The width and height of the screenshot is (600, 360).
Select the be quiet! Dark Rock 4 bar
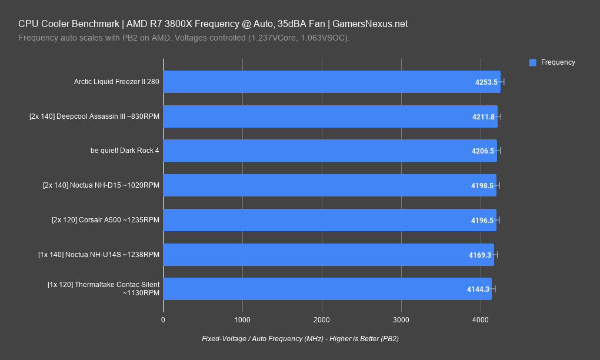tap(329, 151)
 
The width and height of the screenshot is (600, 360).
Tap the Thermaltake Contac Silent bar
tap(327, 289)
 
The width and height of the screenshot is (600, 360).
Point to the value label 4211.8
tap(483, 117)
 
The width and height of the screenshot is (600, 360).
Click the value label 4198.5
tap(482, 185)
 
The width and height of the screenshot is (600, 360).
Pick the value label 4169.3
tap(480, 255)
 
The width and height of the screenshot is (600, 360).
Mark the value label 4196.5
tap(482, 220)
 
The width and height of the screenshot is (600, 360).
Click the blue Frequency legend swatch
tap(533, 62)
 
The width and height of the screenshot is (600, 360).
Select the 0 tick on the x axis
tap(163, 319)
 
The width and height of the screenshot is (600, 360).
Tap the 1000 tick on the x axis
tap(242, 319)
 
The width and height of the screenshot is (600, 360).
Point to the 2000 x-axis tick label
tap(322, 319)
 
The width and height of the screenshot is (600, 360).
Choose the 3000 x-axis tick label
tap(401, 319)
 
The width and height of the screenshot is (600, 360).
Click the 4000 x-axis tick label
tap(481, 319)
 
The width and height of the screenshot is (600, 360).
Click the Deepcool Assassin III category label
tap(94, 116)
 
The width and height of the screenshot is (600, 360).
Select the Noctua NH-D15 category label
tap(101, 185)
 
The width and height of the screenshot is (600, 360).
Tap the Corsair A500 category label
tap(105, 220)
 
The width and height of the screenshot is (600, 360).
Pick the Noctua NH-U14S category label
tap(99, 255)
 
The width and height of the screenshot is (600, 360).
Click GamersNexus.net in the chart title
tap(370, 24)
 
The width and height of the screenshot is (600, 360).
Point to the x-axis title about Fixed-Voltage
tap(300, 339)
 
